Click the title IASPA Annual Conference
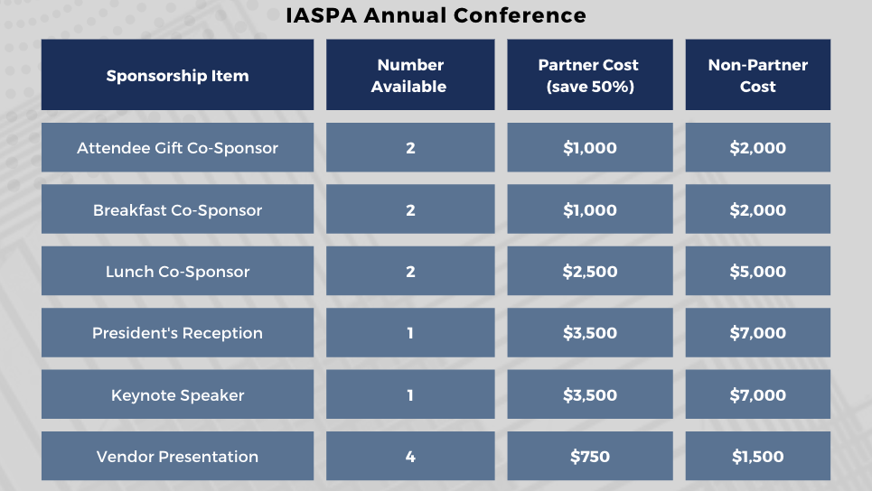click(x=436, y=15)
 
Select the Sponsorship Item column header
click(x=177, y=76)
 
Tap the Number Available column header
click(x=410, y=76)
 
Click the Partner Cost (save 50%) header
click(x=589, y=76)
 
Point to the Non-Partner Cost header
click(x=757, y=76)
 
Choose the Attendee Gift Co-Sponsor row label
click(x=177, y=148)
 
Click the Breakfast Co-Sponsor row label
click(x=177, y=210)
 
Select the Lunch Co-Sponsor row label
click(x=177, y=272)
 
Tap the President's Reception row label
click(x=177, y=333)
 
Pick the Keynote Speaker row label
click(x=177, y=395)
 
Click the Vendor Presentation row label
click(x=177, y=457)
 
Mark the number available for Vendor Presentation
click(x=410, y=457)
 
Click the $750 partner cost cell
click(x=589, y=457)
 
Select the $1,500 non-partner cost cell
click(x=757, y=457)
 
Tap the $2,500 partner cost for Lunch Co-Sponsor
click(x=589, y=272)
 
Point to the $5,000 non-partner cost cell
click(x=757, y=272)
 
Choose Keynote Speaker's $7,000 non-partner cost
click(x=757, y=395)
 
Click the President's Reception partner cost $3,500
click(x=589, y=333)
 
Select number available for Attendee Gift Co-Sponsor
click(x=410, y=148)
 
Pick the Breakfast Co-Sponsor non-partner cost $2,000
click(x=757, y=210)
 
